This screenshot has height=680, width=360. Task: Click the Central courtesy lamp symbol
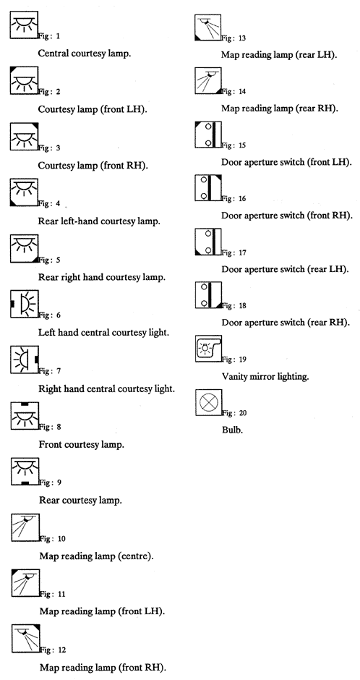coord(24,25)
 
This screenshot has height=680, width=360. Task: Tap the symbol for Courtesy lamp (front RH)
coord(25,136)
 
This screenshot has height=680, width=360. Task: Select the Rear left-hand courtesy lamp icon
coord(25,192)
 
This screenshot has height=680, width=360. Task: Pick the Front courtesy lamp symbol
coord(25,415)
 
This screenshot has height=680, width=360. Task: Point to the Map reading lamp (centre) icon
coord(25,527)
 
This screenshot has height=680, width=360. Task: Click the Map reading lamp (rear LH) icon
coord(207,27)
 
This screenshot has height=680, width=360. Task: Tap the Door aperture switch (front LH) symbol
coord(208,135)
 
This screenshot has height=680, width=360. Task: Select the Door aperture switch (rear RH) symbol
coord(208,295)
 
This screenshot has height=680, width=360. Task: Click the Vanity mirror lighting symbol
coord(208,349)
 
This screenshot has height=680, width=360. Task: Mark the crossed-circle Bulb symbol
coord(209,402)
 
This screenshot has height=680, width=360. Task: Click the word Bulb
coord(231,430)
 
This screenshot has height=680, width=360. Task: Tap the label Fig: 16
coord(234,199)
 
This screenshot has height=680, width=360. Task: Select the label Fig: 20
coord(235,413)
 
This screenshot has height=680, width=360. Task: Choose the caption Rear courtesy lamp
coord(80,500)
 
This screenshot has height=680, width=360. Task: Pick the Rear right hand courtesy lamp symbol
coord(25,248)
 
